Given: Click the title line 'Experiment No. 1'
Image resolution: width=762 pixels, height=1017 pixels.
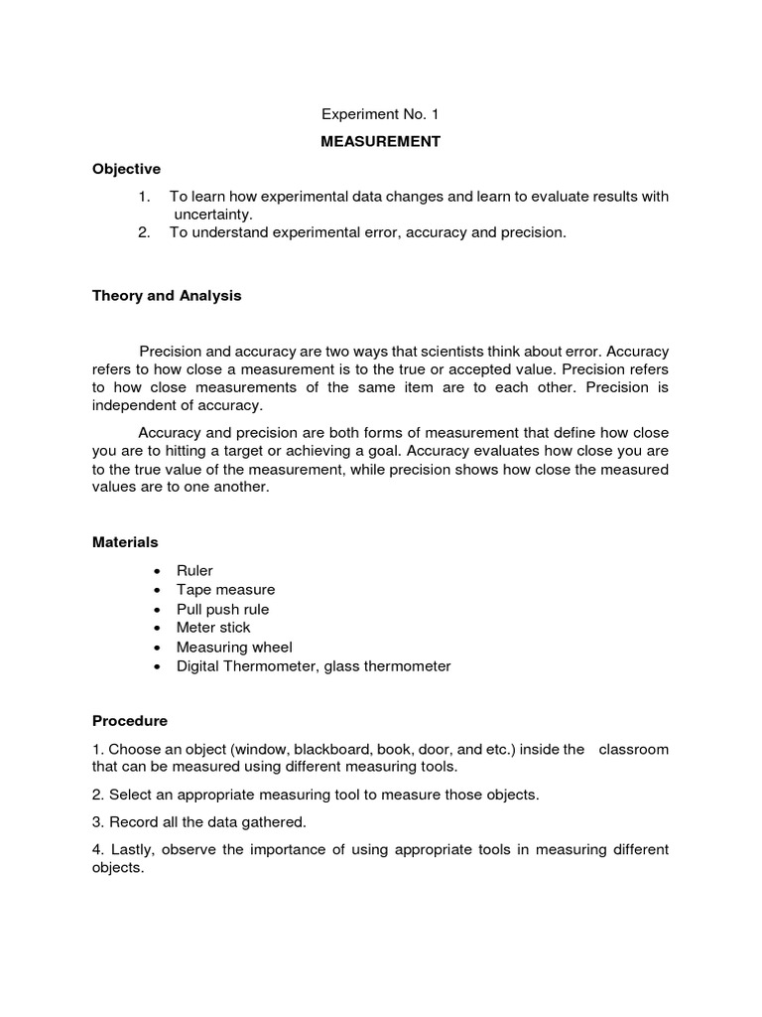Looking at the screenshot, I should click(x=380, y=114).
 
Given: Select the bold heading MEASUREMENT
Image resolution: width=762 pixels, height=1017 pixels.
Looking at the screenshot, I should click(x=380, y=142).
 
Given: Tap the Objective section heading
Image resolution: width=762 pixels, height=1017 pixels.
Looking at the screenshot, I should click(x=126, y=169).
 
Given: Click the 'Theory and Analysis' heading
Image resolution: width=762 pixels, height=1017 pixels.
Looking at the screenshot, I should click(x=167, y=296).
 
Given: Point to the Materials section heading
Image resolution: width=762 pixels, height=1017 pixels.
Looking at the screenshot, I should click(x=125, y=542).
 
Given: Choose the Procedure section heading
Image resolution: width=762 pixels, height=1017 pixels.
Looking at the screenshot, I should click(x=130, y=720).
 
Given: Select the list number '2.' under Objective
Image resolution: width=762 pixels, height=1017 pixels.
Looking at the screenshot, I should click(x=145, y=232).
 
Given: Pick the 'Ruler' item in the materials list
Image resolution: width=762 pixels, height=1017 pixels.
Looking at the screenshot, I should click(x=194, y=570).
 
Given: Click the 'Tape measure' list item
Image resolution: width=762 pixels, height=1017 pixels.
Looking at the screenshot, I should click(x=225, y=590).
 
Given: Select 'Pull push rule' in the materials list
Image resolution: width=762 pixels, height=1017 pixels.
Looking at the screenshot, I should click(x=222, y=609).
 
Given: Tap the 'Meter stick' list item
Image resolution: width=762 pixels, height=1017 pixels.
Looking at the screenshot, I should click(x=213, y=628).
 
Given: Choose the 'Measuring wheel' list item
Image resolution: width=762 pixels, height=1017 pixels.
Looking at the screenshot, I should click(x=234, y=648).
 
